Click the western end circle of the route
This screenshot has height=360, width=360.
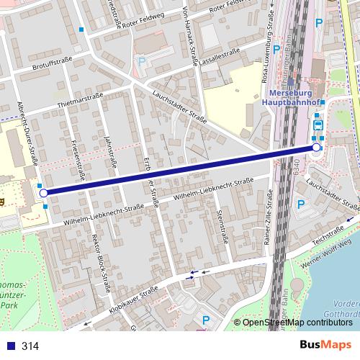[43, 193]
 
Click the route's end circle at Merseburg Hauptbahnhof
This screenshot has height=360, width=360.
[316, 148]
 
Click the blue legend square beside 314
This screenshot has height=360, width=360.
[9, 346]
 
